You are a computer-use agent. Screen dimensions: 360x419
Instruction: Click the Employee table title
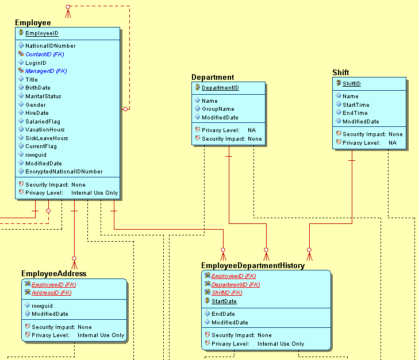pyautogui.click(x=33, y=22)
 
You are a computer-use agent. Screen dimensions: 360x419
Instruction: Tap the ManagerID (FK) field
pyautogui.click(x=46, y=71)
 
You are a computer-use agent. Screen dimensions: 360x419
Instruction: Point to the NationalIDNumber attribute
pyautogui.click(x=50, y=46)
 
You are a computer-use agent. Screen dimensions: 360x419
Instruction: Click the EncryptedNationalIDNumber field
pyautogui.click(x=64, y=172)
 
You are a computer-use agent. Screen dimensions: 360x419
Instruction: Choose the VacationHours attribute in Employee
pyautogui.click(x=45, y=130)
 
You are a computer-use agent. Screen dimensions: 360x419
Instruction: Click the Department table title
pyautogui.click(x=213, y=78)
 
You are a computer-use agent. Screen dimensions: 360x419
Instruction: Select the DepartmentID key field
pyautogui.click(x=220, y=88)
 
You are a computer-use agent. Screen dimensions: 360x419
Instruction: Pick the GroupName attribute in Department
pyautogui.click(x=218, y=109)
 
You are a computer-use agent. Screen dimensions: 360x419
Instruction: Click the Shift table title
pyautogui.click(x=341, y=72)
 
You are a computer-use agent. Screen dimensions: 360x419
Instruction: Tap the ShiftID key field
pyautogui.click(x=351, y=84)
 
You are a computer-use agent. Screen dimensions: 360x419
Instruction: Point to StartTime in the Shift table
pyautogui.click(x=356, y=105)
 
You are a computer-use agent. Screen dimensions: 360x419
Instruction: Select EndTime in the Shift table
pyautogui.click(x=355, y=113)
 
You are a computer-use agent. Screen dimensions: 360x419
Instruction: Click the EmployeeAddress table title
pyautogui.click(x=54, y=274)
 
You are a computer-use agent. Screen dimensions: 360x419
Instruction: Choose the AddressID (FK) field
pyautogui.click(x=52, y=293)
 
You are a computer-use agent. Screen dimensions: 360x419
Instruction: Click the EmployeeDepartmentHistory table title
pyautogui.click(x=253, y=266)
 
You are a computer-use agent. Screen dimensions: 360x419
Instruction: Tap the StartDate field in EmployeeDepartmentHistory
pyautogui.click(x=224, y=301)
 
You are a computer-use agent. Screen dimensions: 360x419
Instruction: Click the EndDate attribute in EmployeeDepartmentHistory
pyautogui.click(x=223, y=314)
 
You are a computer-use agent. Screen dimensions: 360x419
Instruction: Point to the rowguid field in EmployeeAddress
pyautogui.click(x=42, y=306)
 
